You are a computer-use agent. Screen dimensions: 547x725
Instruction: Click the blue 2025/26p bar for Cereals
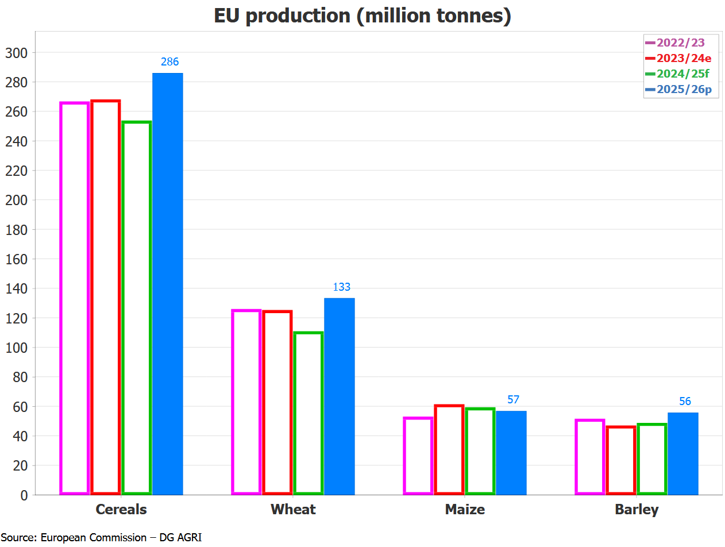168,284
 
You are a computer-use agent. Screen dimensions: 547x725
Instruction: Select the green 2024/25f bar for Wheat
308,413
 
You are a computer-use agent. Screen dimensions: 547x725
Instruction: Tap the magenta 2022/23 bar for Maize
418,456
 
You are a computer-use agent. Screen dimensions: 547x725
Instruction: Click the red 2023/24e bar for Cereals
106,298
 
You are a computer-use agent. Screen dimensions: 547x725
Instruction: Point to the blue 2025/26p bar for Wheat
340,396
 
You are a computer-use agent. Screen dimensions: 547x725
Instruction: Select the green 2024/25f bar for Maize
480,451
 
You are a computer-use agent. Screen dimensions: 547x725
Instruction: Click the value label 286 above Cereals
170,62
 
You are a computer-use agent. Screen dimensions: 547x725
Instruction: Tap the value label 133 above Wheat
342,287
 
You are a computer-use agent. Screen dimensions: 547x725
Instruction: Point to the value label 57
513,400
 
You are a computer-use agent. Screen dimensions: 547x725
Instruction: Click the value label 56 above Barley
685,402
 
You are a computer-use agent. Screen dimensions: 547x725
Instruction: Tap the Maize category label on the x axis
465,510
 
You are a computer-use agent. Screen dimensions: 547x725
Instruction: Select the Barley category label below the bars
637,510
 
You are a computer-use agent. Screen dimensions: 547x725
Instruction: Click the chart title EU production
362,16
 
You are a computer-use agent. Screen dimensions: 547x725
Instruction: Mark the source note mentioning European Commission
101,538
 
